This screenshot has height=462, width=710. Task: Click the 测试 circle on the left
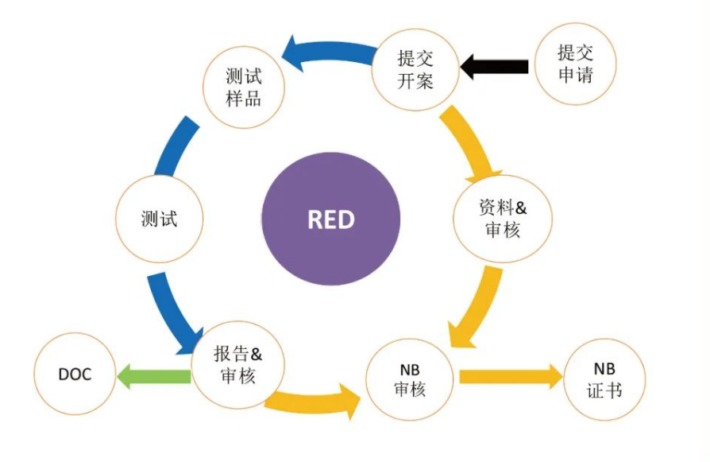point(158,219)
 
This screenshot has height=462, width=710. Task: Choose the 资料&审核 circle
point(504,219)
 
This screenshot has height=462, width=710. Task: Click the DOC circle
point(75,374)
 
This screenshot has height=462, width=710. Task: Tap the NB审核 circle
point(410,380)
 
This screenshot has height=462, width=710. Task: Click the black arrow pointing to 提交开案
point(495,66)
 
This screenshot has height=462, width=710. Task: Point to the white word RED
point(330,219)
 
